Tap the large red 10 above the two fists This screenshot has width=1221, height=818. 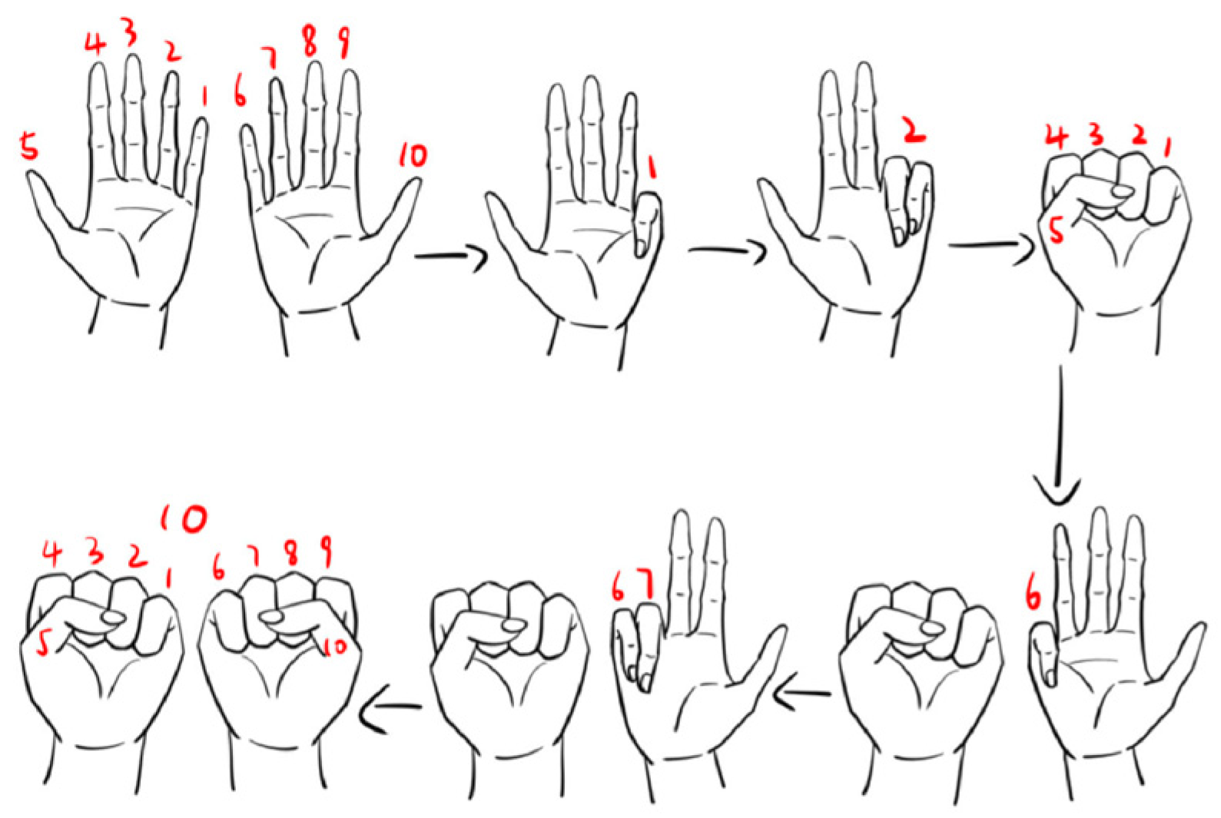pyautogui.click(x=183, y=518)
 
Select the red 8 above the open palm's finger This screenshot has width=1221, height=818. pyautogui.click(x=309, y=42)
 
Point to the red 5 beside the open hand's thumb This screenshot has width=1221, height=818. pyautogui.click(x=30, y=147)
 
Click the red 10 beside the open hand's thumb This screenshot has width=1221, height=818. pyautogui.click(x=412, y=155)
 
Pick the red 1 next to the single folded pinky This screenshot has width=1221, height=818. pyautogui.click(x=652, y=166)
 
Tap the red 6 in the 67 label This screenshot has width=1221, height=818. pyautogui.click(x=618, y=588)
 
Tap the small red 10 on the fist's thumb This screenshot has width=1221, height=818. pyautogui.click(x=335, y=646)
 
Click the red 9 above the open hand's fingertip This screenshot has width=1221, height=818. pyautogui.click(x=343, y=42)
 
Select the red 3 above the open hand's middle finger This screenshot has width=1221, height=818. pyautogui.click(x=130, y=31)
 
